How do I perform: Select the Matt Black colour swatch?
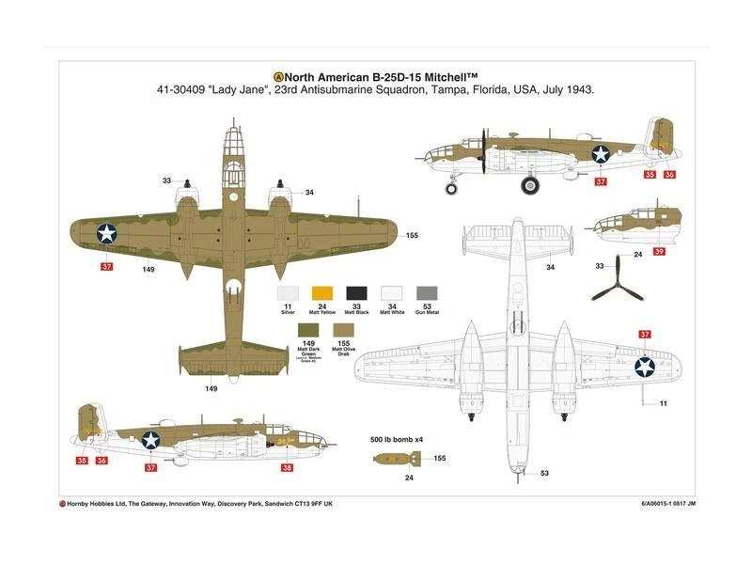tap(357, 293)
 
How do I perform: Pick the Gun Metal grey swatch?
tap(427, 293)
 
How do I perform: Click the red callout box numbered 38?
tap(288, 467)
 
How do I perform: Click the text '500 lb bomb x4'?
tap(398, 439)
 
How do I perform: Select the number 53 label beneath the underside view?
tap(544, 475)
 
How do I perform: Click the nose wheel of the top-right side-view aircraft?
tap(451, 189)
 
